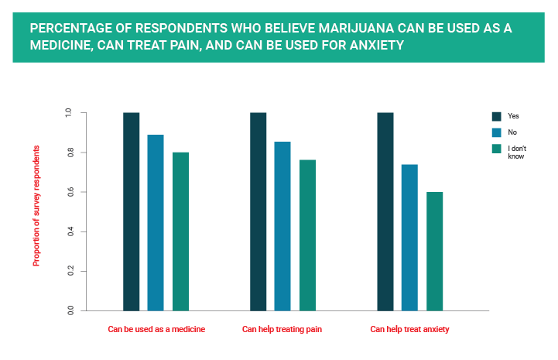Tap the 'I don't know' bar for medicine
coord(180,231)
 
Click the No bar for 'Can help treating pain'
coord(282,226)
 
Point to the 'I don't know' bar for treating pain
coord(307,235)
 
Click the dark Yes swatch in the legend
coord(497,116)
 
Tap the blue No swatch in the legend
coord(497,132)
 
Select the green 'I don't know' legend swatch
coord(497,149)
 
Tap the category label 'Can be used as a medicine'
coord(156,330)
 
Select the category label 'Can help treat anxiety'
coord(409,330)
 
